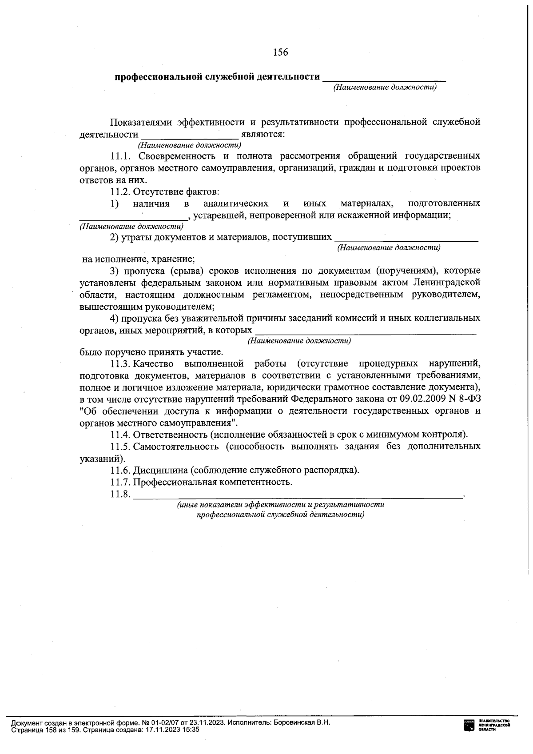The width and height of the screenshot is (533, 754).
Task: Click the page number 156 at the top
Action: (280, 52)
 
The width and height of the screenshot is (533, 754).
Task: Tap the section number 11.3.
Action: (119, 364)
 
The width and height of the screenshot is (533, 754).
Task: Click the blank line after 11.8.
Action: (298, 495)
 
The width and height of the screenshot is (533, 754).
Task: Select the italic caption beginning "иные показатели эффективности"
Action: (281, 505)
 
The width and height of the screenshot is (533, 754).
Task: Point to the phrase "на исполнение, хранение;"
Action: (139, 259)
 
